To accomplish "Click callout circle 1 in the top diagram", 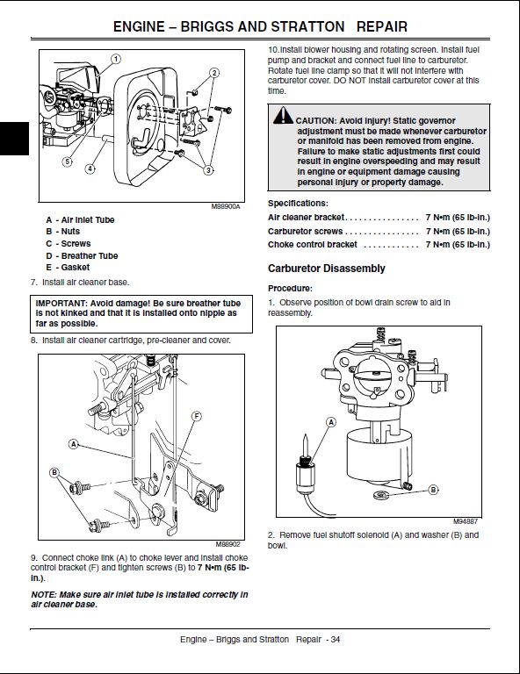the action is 116,59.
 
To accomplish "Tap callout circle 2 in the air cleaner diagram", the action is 214,73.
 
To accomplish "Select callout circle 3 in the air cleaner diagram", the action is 208,170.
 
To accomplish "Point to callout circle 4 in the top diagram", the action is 90,168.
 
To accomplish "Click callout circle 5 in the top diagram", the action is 67,161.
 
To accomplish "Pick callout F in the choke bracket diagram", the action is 196,416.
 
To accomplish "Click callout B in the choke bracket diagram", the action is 54,472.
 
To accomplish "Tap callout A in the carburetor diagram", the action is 331,422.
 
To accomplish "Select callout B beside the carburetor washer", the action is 433,490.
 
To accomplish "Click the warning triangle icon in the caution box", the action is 283,115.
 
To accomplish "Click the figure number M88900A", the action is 226,207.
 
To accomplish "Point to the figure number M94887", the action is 466,521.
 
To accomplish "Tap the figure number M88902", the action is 228,544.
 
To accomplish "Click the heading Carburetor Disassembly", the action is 327,269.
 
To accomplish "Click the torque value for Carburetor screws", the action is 458,232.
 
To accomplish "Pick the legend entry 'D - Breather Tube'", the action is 82,255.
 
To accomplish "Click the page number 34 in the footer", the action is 336,639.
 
